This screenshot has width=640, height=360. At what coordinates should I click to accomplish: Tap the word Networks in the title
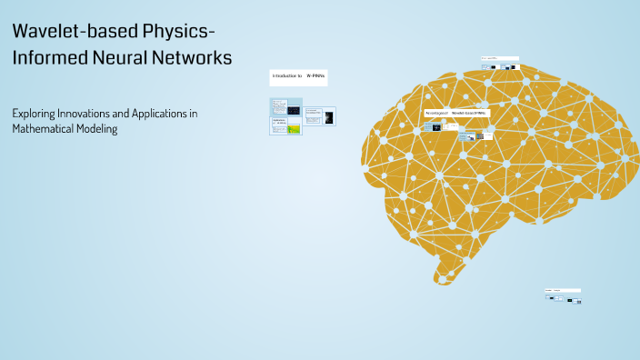click(x=194, y=57)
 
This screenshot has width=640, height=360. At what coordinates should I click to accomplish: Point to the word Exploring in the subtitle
click(x=34, y=114)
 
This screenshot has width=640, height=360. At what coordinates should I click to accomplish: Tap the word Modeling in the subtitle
click(x=97, y=129)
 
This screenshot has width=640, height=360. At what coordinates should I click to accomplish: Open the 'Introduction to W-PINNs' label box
click(x=298, y=78)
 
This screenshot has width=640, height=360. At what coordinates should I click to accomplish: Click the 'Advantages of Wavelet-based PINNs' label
click(x=456, y=113)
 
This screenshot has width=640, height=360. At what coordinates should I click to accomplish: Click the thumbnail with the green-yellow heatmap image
click(x=294, y=129)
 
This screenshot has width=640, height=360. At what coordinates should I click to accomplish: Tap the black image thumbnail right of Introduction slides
click(x=328, y=117)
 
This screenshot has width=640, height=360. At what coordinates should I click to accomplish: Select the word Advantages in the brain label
click(x=437, y=113)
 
